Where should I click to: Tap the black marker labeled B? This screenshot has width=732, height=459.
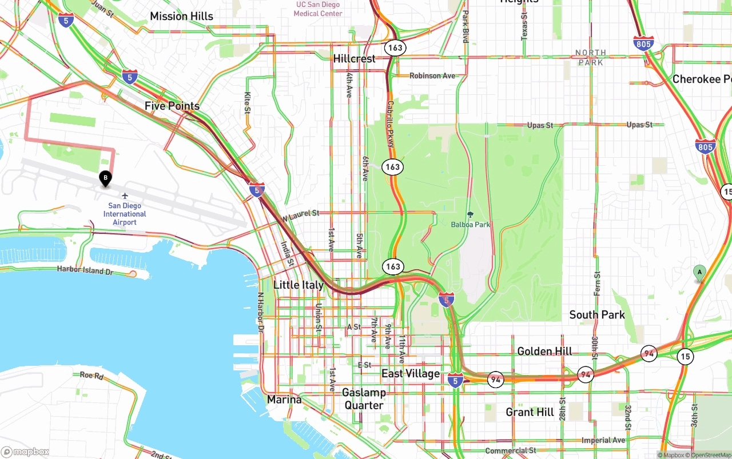(x=105, y=178)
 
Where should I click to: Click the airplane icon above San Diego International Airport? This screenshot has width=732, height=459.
(x=125, y=196)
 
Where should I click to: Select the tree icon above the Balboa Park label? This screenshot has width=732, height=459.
(x=471, y=215)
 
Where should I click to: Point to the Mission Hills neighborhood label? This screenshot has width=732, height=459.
(x=181, y=17)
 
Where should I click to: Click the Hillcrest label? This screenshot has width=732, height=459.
(x=355, y=58)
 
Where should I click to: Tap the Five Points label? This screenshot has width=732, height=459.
(x=172, y=106)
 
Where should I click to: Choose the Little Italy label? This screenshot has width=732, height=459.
(x=299, y=285)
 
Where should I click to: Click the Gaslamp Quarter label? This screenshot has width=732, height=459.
(x=364, y=399)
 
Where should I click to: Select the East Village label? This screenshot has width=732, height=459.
(x=411, y=374)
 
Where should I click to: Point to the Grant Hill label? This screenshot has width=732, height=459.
(x=530, y=412)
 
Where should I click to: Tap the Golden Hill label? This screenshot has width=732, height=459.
(x=544, y=352)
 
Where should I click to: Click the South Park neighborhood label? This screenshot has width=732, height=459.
(x=597, y=315)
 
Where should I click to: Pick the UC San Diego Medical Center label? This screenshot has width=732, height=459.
(x=319, y=9)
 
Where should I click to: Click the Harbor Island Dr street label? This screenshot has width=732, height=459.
(x=85, y=270)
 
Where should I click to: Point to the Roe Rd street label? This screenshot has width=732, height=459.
(x=91, y=376)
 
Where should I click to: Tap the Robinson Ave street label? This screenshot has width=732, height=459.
(x=432, y=75)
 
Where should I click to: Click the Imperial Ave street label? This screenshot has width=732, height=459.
(x=603, y=440)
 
